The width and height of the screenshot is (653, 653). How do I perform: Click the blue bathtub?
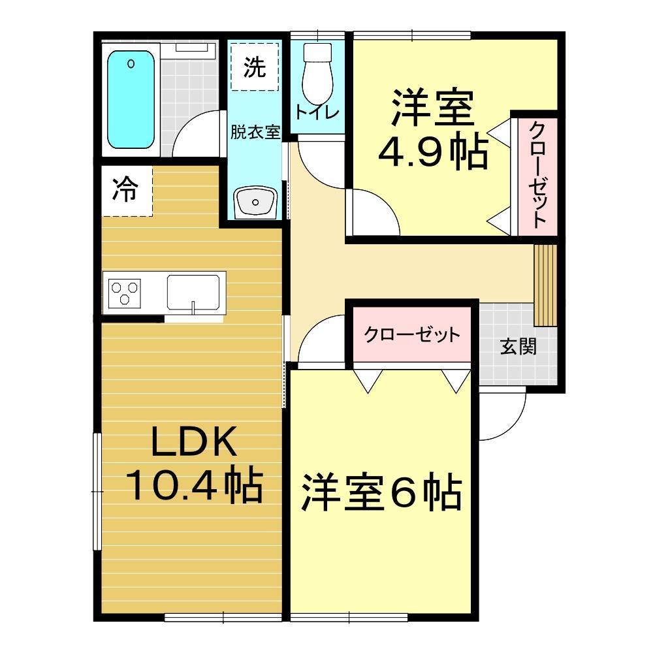coord(131,100)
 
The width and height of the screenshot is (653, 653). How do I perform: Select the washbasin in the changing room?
coord(257,202)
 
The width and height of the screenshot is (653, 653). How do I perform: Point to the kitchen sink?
coord(193,292)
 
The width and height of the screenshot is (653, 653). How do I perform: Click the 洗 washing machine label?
coord(255,67)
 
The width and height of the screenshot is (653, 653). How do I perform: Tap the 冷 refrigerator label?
coord(126,190)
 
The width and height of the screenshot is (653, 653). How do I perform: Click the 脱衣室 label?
coord(255,132)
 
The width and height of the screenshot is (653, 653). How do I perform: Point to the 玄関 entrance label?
coord(518,346)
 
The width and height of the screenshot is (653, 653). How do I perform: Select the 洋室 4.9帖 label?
coord(432,131)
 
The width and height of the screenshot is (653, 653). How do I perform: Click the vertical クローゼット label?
coord(537,175)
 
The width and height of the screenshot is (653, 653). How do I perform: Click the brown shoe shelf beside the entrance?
coord(545,285)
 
